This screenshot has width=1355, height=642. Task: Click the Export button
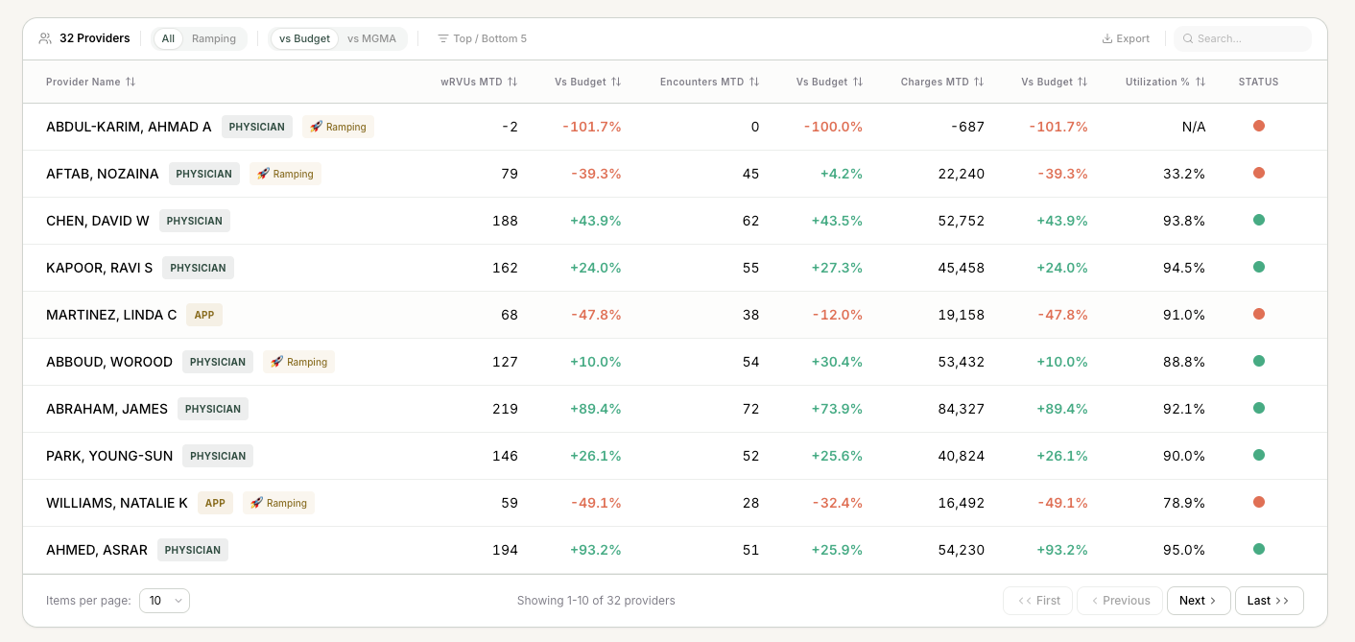tap(1125, 38)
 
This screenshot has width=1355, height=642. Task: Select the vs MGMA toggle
tap(371, 38)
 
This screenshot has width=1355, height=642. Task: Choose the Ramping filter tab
tap(214, 38)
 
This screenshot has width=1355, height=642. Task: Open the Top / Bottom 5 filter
tap(482, 38)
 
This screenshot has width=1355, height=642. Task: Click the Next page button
tap(1199, 600)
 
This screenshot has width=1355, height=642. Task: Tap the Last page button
tap(1269, 600)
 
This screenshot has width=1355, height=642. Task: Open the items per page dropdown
tap(164, 600)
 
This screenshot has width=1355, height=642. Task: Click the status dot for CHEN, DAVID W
tap(1259, 221)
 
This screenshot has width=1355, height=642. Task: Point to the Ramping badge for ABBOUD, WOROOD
tap(298, 362)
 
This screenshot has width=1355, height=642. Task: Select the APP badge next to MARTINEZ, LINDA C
tap(204, 315)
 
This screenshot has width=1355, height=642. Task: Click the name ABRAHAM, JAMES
tap(107, 409)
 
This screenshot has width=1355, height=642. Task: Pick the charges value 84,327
tap(962, 409)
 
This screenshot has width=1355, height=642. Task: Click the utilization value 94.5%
tap(1184, 268)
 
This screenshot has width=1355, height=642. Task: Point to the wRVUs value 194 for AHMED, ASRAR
tap(505, 550)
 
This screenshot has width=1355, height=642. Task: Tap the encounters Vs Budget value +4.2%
tap(841, 174)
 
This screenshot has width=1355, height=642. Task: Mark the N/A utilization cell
tap(1194, 127)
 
